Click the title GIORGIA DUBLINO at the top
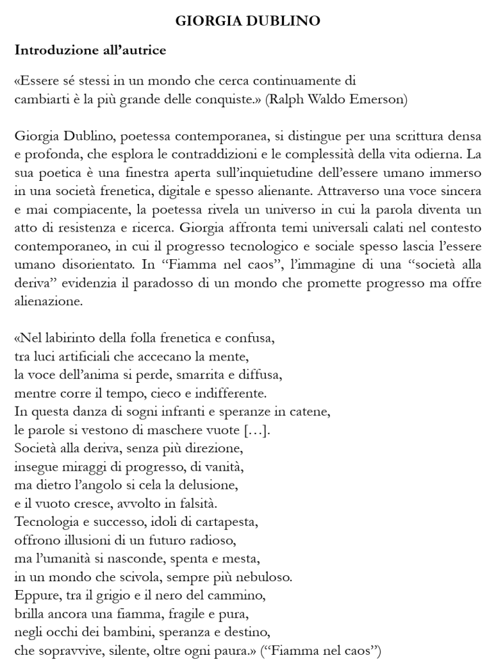(x=248, y=21)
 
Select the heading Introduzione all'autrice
(x=90, y=50)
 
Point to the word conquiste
(x=228, y=99)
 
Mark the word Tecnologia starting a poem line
(x=46, y=523)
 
